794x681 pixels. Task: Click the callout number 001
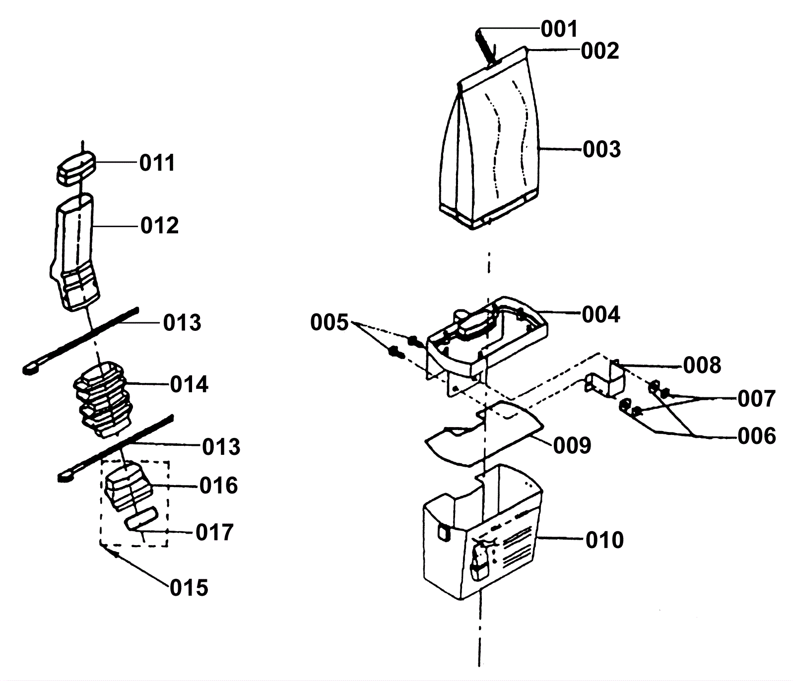pos(559,29)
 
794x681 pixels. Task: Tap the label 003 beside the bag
pos(602,149)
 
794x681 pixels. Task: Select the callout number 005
pos(330,323)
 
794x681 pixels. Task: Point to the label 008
pos(702,366)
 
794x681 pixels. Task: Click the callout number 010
pos(604,540)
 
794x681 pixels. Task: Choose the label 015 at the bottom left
pos(189,588)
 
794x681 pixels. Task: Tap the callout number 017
pos(214,533)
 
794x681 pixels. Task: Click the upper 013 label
pos(182,323)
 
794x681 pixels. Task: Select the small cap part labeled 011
pos(75,168)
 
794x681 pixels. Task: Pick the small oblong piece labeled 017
pos(141,518)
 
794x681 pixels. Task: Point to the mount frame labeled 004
pos(486,342)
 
